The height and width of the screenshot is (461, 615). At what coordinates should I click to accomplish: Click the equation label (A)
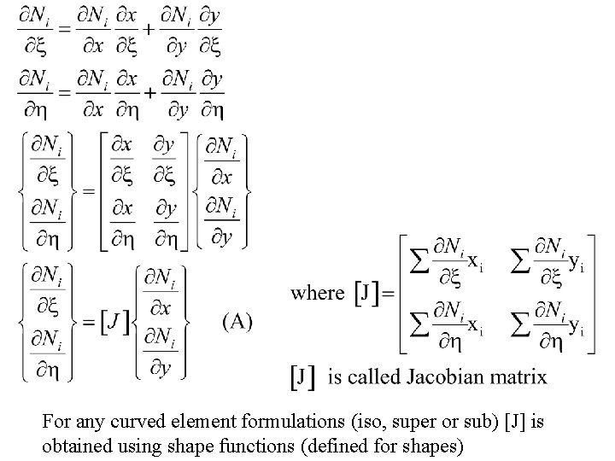coord(237,322)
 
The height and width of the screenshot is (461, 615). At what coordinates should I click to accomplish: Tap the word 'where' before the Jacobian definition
coord(318,293)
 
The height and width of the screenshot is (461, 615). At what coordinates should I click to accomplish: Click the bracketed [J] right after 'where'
coord(367,294)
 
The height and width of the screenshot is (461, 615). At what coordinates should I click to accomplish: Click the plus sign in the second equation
coord(147,91)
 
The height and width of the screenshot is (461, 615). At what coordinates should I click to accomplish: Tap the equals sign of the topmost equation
coord(62,29)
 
